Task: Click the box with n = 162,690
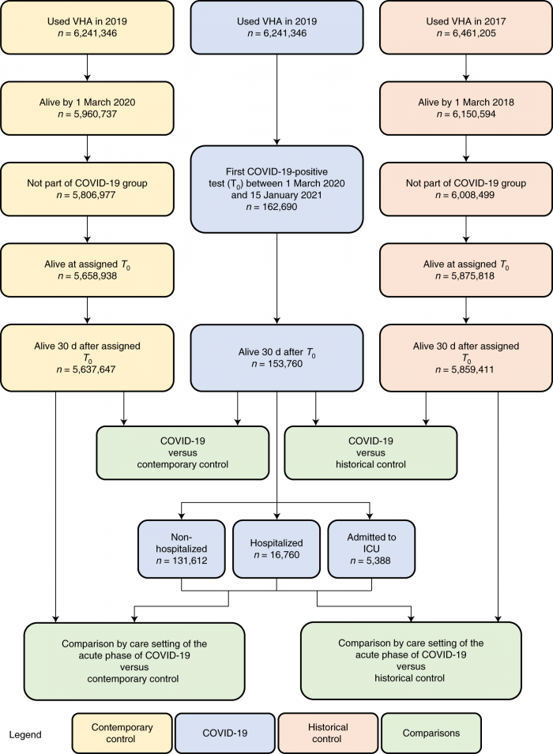(x=276, y=188)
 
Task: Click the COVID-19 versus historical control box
(x=371, y=452)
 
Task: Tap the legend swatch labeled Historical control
(x=327, y=733)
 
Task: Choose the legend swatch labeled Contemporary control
(x=122, y=733)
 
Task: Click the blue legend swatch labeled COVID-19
(x=224, y=733)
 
